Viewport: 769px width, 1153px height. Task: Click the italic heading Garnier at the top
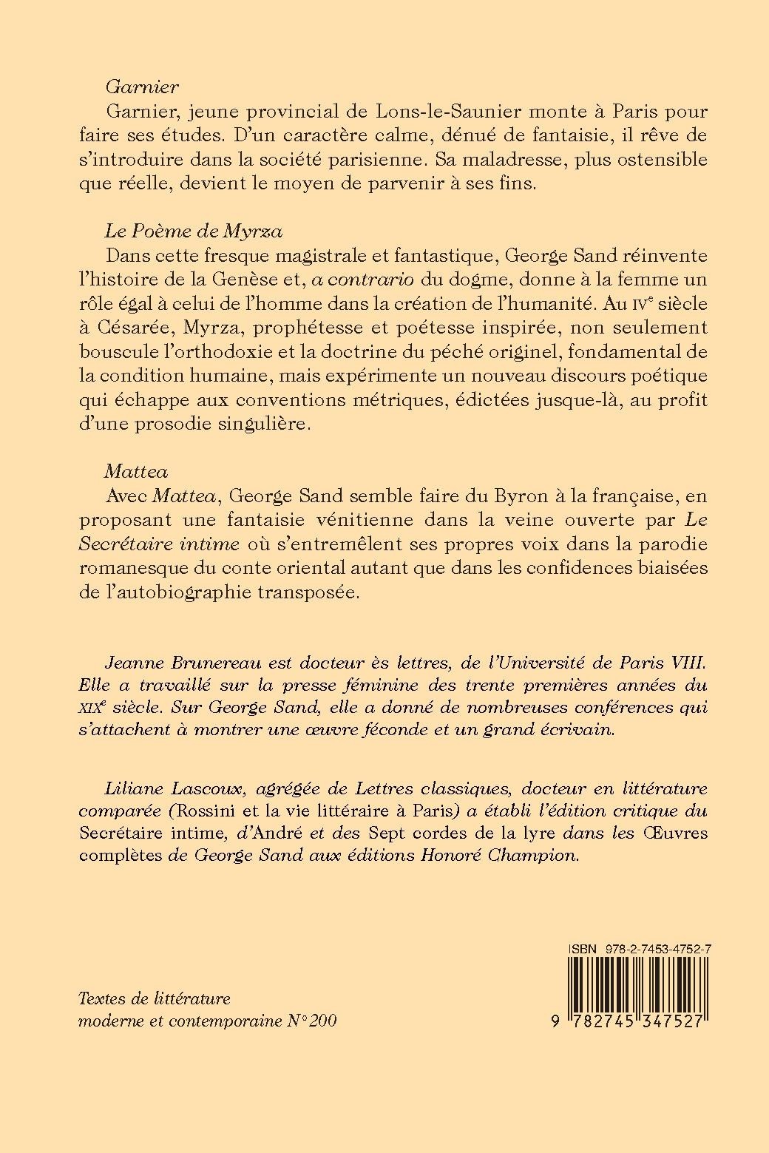[x=141, y=87]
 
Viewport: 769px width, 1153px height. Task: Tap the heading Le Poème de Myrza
[x=193, y=231]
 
